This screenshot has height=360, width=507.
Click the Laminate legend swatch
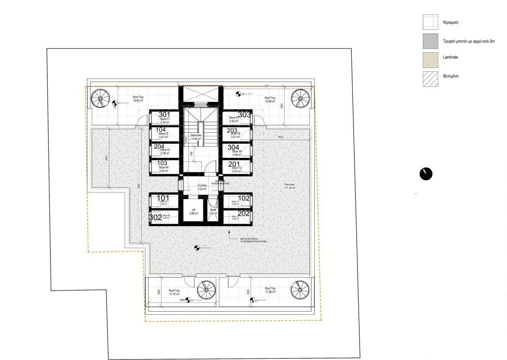[x=430, y=60]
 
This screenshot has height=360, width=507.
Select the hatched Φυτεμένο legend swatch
[x=430, y=79]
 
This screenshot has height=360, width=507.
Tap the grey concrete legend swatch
[x=430, y=41]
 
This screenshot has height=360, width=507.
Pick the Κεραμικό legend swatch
[x=430, y=22]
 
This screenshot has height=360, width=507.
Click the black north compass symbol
[x=426, y=174]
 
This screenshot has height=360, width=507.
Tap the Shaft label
[x=213, y=212]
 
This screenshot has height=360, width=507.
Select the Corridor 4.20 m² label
[x=202, y=187]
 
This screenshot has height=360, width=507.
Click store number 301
[x=164, y=115]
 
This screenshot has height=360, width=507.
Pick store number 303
[x=244, y=115]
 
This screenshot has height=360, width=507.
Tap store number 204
[x=159, y=147]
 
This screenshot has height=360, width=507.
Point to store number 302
[x=155, y=217]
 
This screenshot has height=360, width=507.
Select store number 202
[x=244, y=214]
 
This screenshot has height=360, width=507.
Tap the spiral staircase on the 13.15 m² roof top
[x=206, y=290]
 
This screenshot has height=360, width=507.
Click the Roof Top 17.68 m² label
[x=270, y=290]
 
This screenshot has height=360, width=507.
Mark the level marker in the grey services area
[x=197, y=248]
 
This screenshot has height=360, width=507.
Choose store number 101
[x=162, y=198]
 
